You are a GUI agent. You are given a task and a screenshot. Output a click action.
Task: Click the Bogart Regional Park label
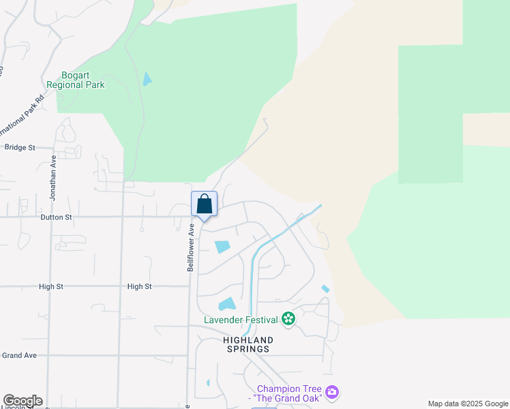[76, 80]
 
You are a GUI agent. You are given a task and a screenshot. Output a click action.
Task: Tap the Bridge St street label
[19, 147]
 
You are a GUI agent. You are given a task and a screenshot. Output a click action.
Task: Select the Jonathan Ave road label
[52, 177]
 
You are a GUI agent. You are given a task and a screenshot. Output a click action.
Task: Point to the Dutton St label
[56, 217]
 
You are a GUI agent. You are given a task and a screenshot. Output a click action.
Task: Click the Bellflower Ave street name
[192, 247]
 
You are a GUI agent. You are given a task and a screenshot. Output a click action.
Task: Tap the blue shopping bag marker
[204, 204]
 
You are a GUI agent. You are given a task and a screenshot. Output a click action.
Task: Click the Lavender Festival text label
[241, 319]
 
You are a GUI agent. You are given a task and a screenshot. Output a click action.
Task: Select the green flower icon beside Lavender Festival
[288, 319]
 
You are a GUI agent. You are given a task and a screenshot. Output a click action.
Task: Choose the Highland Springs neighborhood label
[248, 344]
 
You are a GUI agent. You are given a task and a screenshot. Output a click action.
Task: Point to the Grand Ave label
[19, 355]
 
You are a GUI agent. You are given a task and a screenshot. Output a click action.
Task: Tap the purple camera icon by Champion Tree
[332, 392]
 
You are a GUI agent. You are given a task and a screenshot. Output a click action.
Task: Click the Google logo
[22, 401]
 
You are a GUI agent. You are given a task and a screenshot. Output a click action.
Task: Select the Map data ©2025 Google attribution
[468, 404]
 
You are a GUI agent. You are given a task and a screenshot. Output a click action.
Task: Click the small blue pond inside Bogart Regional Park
[147, 79]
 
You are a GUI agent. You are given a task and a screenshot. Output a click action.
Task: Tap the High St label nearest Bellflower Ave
[139, 287]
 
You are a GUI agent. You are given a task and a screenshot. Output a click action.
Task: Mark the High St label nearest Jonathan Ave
[51, 287]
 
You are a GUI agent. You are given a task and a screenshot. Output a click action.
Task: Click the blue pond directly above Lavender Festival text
[227, 304]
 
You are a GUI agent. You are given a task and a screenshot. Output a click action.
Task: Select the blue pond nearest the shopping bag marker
[222, 247]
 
